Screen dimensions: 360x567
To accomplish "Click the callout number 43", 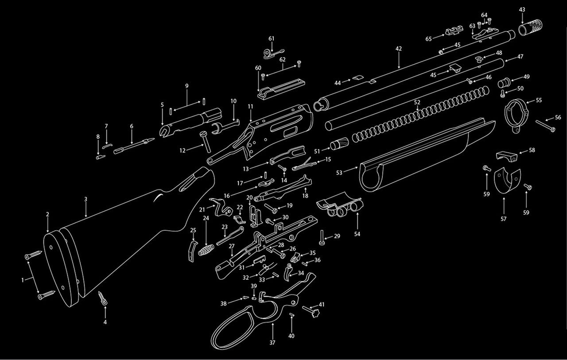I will [522, 9].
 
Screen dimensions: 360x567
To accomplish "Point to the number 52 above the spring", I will [417, 102].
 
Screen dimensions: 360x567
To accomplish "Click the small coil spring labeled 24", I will [204, 251].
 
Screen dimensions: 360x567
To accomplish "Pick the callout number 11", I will [250, 106].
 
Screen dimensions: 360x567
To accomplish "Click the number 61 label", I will [272, 38].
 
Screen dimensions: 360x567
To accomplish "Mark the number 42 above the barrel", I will [399, 48].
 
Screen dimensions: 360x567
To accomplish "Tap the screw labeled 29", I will [322, 237].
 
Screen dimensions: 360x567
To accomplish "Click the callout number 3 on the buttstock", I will [86, 199].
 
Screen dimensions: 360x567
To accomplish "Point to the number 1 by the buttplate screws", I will [23, 279].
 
